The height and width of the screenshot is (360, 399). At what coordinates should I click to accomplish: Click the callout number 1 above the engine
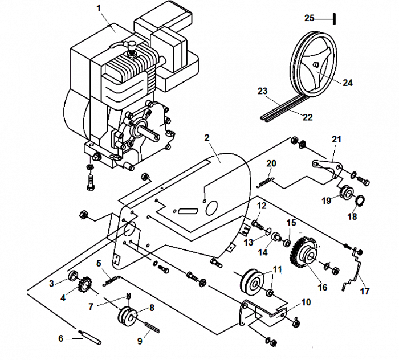[x=99, y=8]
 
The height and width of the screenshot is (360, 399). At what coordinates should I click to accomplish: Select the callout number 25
[x=309, y=18]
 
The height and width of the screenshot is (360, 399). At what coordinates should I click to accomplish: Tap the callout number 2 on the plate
[x=206, y=139]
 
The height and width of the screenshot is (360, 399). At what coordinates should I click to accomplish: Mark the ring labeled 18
[x=360, y=202]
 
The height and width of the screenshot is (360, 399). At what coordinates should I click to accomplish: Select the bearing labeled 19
[x=346, y=193]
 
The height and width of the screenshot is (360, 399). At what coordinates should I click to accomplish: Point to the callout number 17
[x=365, y=291]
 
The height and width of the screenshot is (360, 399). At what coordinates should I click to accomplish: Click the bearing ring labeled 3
[x=73, y=277]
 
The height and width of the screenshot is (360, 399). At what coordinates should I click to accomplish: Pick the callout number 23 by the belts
[x=262, y=91]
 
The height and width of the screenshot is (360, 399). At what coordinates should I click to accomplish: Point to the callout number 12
[x=262, y=206]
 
